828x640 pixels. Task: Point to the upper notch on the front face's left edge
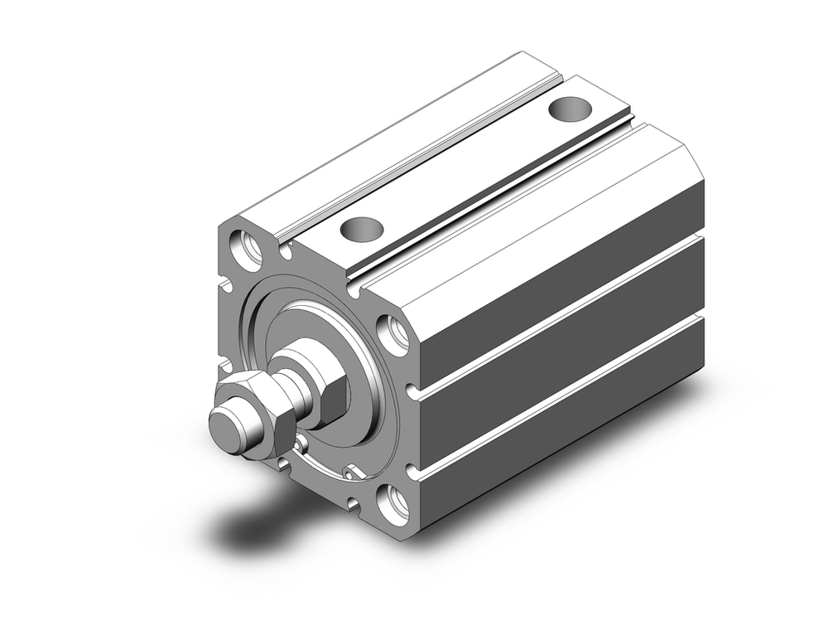pos(224,286)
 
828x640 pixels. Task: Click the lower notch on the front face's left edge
pos(223,366)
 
